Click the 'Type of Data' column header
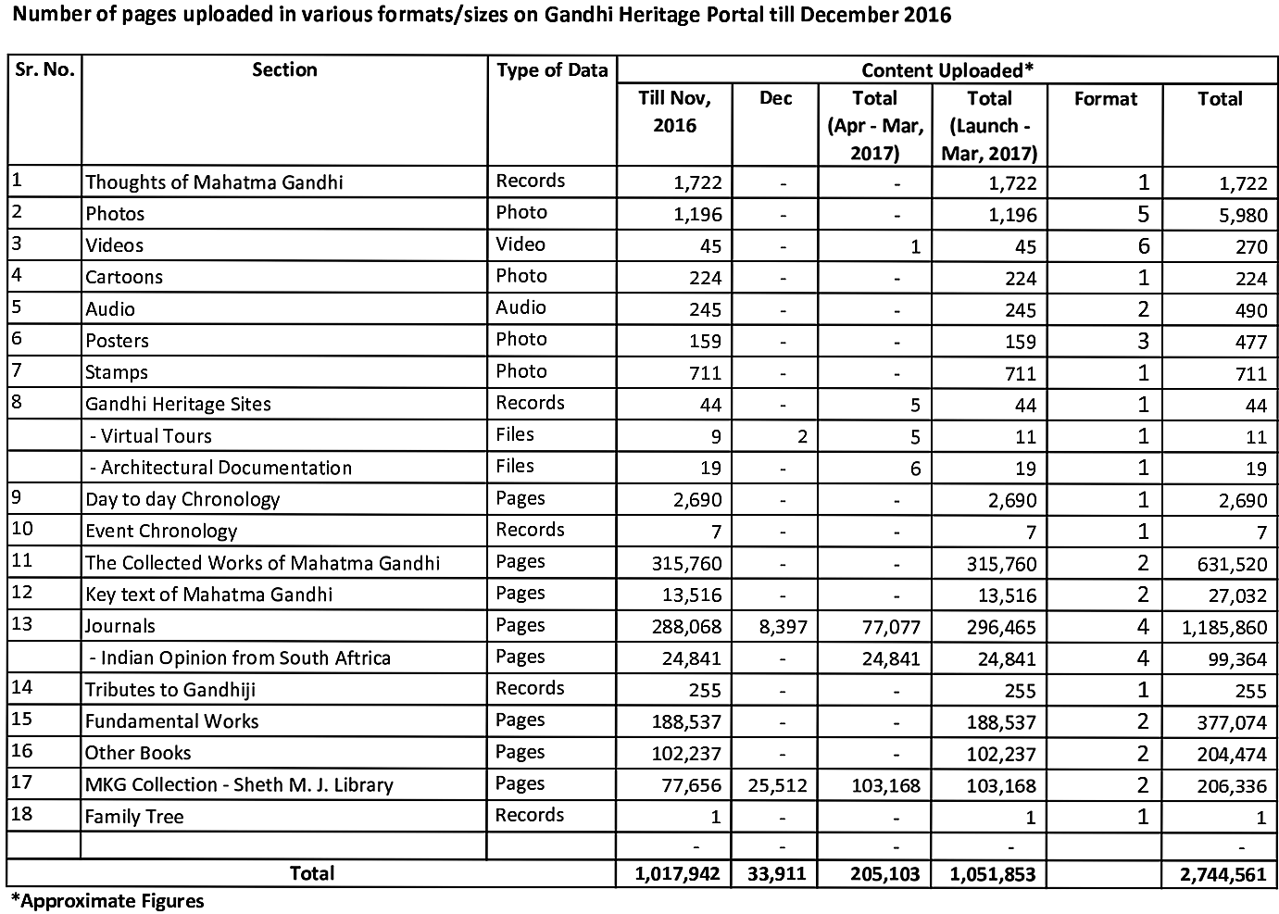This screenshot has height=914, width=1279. (x=552, y=70)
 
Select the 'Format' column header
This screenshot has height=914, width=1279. (x=1105, y=99)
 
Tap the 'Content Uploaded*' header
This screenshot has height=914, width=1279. (x=947, y=70)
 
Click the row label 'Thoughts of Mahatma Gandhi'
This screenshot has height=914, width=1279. (x=214, y=182)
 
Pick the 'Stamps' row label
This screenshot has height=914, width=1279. (x=117, y=372)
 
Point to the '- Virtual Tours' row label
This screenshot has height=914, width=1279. (x=150, y=436)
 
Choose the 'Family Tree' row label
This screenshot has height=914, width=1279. (x=134, y=817)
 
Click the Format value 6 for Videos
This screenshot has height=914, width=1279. (x=1143, y=245)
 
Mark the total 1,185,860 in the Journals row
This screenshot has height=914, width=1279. (x=1223, y=628)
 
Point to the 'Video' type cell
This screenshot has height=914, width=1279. (x=520, y=244)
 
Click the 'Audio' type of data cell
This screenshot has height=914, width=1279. (x=521, y=307)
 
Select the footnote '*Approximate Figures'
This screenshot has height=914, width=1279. (x=107, y=900)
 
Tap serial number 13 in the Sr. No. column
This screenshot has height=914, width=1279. (x=22, y=624)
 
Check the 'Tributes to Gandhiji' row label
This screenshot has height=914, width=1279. (x=170, y=690)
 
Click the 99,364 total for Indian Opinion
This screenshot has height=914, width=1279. (x=1231, y=659)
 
